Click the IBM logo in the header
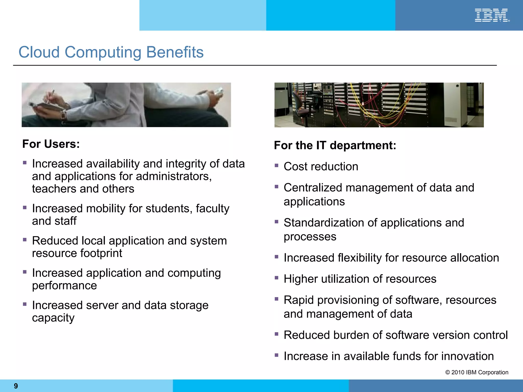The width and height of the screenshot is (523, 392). tap(492, 15)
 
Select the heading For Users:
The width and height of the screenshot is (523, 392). tap(51, 144)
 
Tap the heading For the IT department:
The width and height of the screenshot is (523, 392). tap(335, 145)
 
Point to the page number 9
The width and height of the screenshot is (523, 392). tap(16, 386)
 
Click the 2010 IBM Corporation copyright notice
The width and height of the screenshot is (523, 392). tap(477, 372)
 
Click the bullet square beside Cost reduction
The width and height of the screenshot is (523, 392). tap(276, 165)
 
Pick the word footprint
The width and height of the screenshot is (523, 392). tap(101, 253)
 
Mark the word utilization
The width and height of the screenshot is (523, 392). tap(344, 279)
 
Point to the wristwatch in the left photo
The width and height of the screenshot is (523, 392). tap(63, 116)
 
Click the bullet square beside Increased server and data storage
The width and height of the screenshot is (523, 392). tap(25, 304)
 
